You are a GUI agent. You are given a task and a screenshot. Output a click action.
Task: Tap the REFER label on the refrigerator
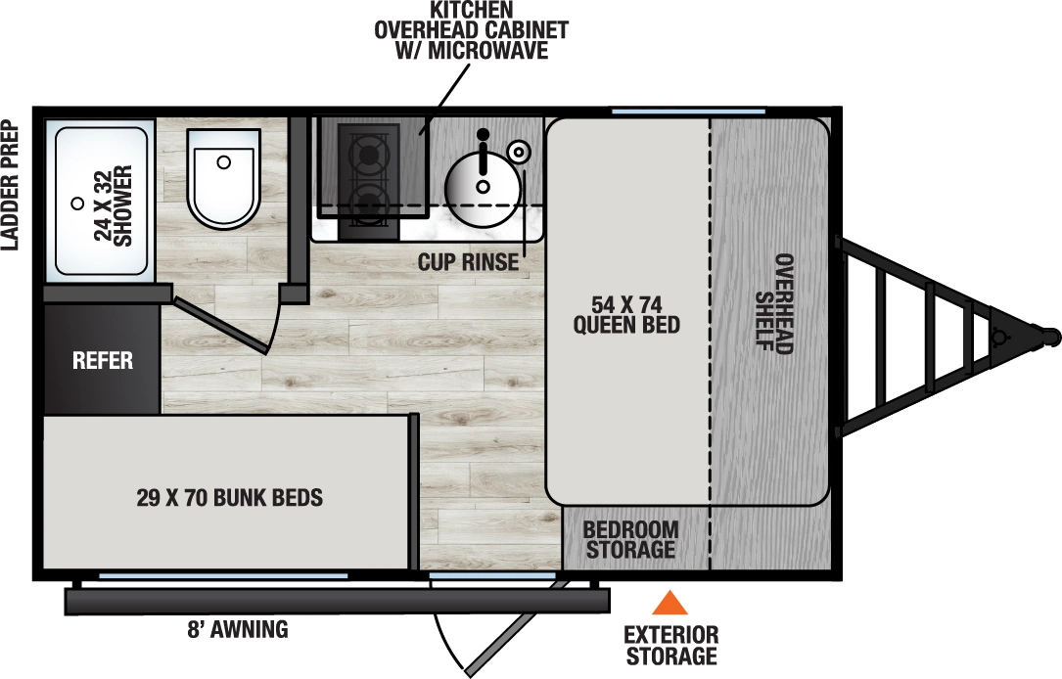103,360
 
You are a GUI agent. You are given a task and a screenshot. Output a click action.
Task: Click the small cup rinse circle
519,150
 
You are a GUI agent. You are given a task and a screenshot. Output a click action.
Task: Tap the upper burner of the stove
368,154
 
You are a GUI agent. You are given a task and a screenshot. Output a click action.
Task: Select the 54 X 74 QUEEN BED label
626,313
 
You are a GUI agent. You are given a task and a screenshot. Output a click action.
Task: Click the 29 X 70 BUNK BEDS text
230,498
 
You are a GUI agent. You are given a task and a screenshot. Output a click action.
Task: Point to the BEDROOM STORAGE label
629,539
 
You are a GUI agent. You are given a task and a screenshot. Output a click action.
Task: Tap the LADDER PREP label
12,185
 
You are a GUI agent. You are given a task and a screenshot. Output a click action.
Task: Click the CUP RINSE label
468,263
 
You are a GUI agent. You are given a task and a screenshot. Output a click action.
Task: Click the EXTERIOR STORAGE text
670,646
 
